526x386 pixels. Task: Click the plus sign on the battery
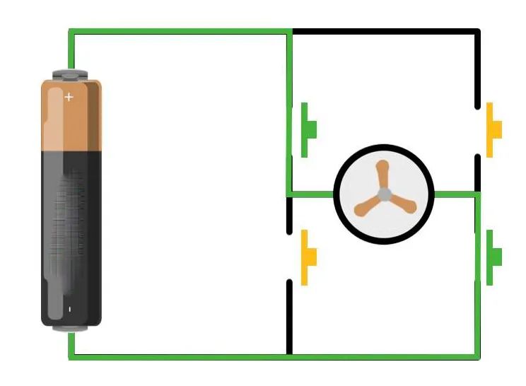(x=69, y=97)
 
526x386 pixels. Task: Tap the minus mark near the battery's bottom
(x=69, y=309)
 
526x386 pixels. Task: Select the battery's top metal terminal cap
(x=71, y=73)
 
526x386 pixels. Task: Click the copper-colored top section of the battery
(x=71, y=117)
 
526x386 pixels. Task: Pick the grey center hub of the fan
(x=383, y=194)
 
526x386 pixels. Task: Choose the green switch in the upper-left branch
(x=308, y=129)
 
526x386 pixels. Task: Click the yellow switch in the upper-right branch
(x=493, y=129)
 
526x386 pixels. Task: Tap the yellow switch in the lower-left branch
(x=308, y=257)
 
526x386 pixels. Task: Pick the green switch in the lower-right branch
(x=493, y=257)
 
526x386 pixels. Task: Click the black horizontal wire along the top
(x=385, y=32)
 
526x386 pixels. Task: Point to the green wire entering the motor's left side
(x=311, y=194)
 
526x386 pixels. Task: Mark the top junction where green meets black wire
(x=291, y=32)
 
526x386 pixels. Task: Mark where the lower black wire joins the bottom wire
(x=290, y=354)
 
